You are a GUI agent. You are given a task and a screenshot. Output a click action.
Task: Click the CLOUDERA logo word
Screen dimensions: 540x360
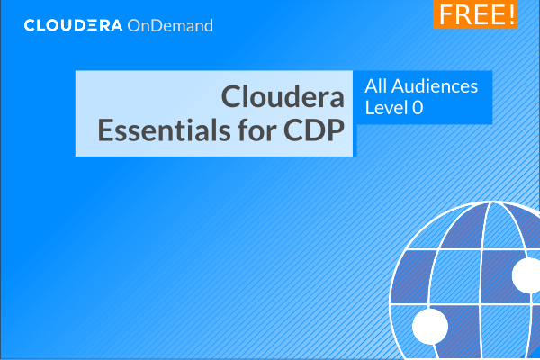pos(73,25)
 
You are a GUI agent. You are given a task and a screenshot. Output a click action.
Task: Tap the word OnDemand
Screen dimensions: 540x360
pos(170,26)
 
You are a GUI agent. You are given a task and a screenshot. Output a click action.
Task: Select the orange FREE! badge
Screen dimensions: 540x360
pos(475,14)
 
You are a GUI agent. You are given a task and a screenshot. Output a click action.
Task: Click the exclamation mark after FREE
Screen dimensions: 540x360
pos(511,14)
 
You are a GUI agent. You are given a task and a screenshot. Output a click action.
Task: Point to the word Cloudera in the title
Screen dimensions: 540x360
pos(283,96)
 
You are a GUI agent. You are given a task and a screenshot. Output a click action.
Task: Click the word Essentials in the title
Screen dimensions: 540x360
pos(164,130)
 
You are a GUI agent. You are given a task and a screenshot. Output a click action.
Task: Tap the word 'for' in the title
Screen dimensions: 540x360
pos(256,130)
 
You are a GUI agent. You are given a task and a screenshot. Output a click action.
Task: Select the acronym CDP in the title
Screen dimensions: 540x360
pos(314,130)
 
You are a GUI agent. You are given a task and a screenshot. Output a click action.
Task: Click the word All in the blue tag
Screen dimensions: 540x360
pos(375,86)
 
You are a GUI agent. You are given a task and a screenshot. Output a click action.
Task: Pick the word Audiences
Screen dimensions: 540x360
pos(435,86)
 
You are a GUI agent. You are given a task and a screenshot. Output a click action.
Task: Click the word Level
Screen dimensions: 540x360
pos(386,107)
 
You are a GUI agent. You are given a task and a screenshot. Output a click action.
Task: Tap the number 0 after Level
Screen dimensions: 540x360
pos(418,108)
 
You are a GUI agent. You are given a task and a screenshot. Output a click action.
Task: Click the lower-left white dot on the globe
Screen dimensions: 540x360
pos(430,326)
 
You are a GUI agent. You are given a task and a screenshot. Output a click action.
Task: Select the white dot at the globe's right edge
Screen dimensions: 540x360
pos(526,275)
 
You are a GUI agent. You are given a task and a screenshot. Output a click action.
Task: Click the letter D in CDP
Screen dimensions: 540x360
pos(315,130)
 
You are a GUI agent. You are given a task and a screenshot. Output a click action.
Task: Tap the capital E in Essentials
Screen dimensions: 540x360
pos(105,130)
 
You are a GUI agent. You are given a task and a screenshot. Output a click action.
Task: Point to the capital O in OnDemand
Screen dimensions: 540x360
pos(134,26)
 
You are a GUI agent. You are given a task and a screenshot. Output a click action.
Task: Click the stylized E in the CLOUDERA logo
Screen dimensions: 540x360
pos(92,25)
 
